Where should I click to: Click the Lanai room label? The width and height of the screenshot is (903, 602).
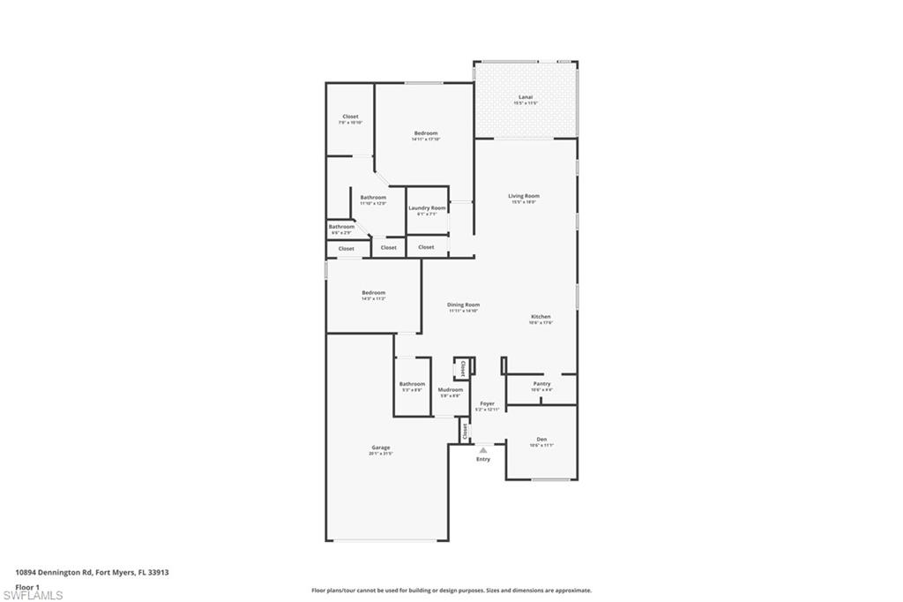(x=526, y=97)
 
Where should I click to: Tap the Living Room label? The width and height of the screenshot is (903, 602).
(x=523, y=196)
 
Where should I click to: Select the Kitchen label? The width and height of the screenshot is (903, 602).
(x=541, y=317)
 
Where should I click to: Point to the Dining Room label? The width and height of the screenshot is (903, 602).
(x=463, y=305)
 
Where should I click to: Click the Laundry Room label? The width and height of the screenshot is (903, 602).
(x=427, y=208)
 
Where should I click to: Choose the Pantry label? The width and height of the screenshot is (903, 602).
(x=541, y=384)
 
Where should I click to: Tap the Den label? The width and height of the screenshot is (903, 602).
(x=541, y=439)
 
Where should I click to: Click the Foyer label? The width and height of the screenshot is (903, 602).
(x=487, y=403)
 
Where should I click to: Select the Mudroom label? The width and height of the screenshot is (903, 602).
(x=450, y=389)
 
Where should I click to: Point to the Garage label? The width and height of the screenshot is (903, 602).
(x=380, y=448)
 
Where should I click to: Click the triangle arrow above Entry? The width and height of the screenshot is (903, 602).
(x=482, y=450)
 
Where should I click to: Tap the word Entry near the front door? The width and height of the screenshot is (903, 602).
(x=483, y=459)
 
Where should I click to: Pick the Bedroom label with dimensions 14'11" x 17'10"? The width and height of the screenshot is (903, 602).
(x=426, y=133)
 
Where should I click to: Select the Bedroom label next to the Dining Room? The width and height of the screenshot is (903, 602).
(x=373, y=293)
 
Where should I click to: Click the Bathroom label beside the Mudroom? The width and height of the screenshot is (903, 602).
(x=412, y=384)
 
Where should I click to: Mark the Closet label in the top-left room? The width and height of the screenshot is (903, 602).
(x=350, y=117)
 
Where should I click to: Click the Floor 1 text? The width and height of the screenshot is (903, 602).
(x=27, y=586)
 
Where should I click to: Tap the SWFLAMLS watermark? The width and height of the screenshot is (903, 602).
(x=33, y=596)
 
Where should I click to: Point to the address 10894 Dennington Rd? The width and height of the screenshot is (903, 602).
(x=92, y=572)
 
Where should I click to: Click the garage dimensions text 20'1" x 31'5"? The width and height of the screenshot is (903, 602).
(x=380, y=454)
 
